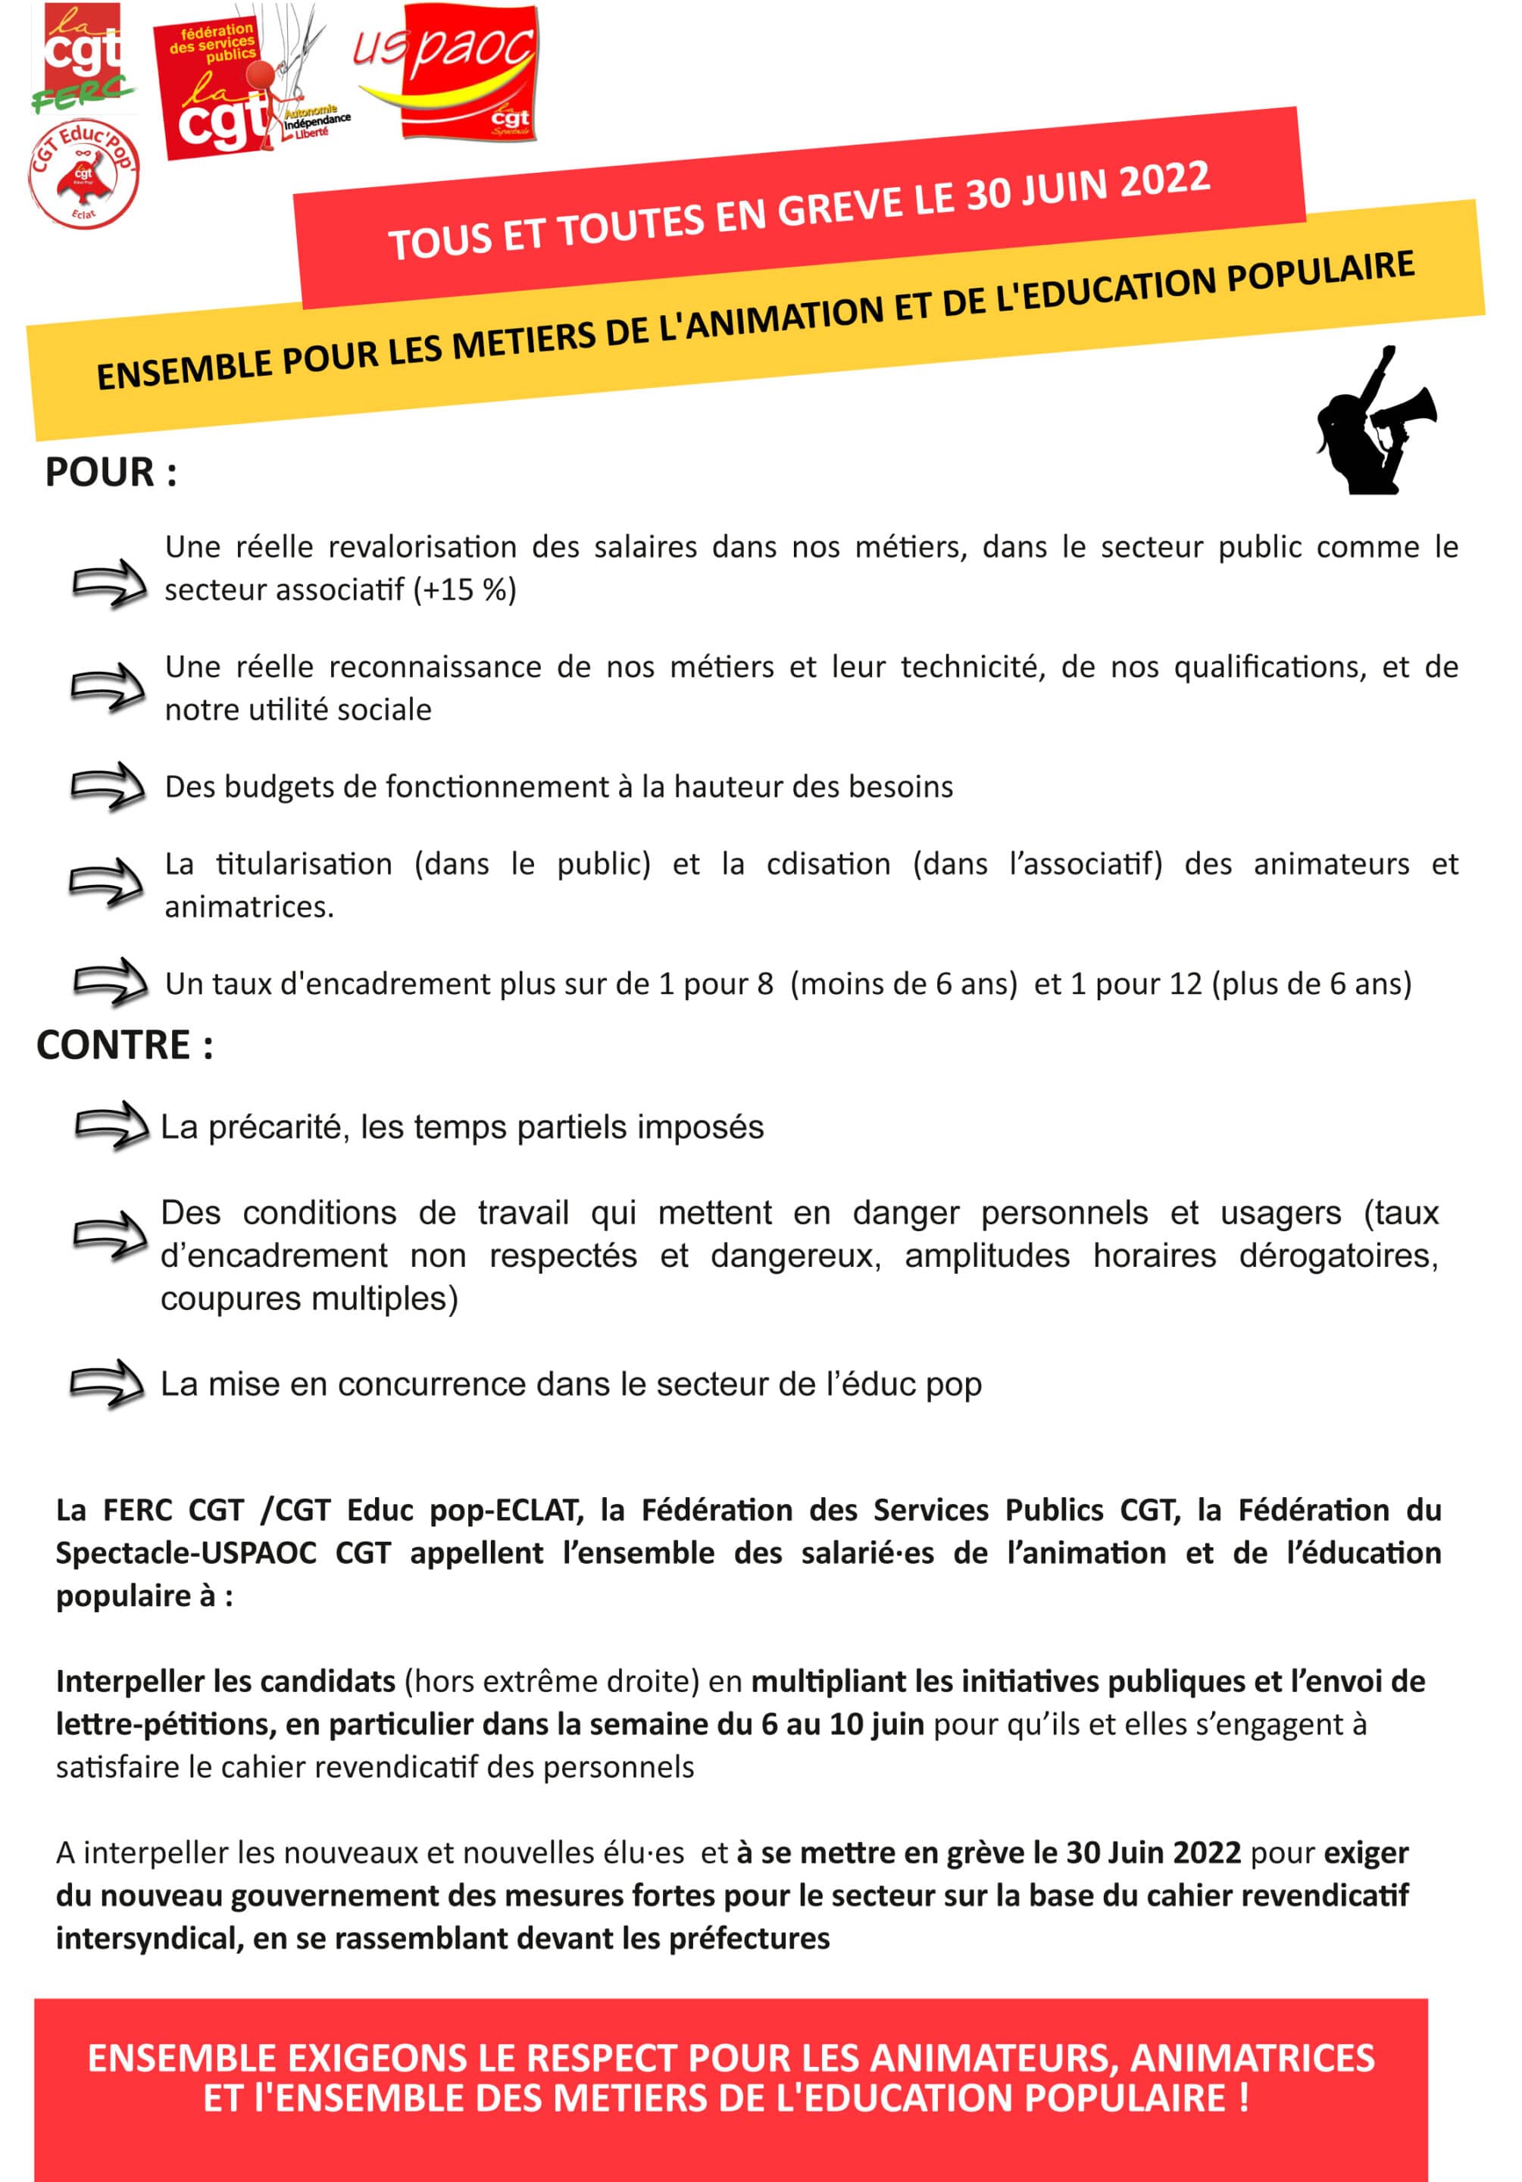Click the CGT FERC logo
(83, 57)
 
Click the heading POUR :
(110, 472)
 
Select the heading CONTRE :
(124, 1045)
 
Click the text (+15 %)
(464, 590)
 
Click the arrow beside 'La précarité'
(111, 1126)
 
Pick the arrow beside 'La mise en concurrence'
(108, 1383)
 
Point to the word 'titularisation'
(303, 864)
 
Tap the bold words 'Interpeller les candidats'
(225, 1681)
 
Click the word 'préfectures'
(748, 1938)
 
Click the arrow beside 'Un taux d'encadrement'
(110, 982)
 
